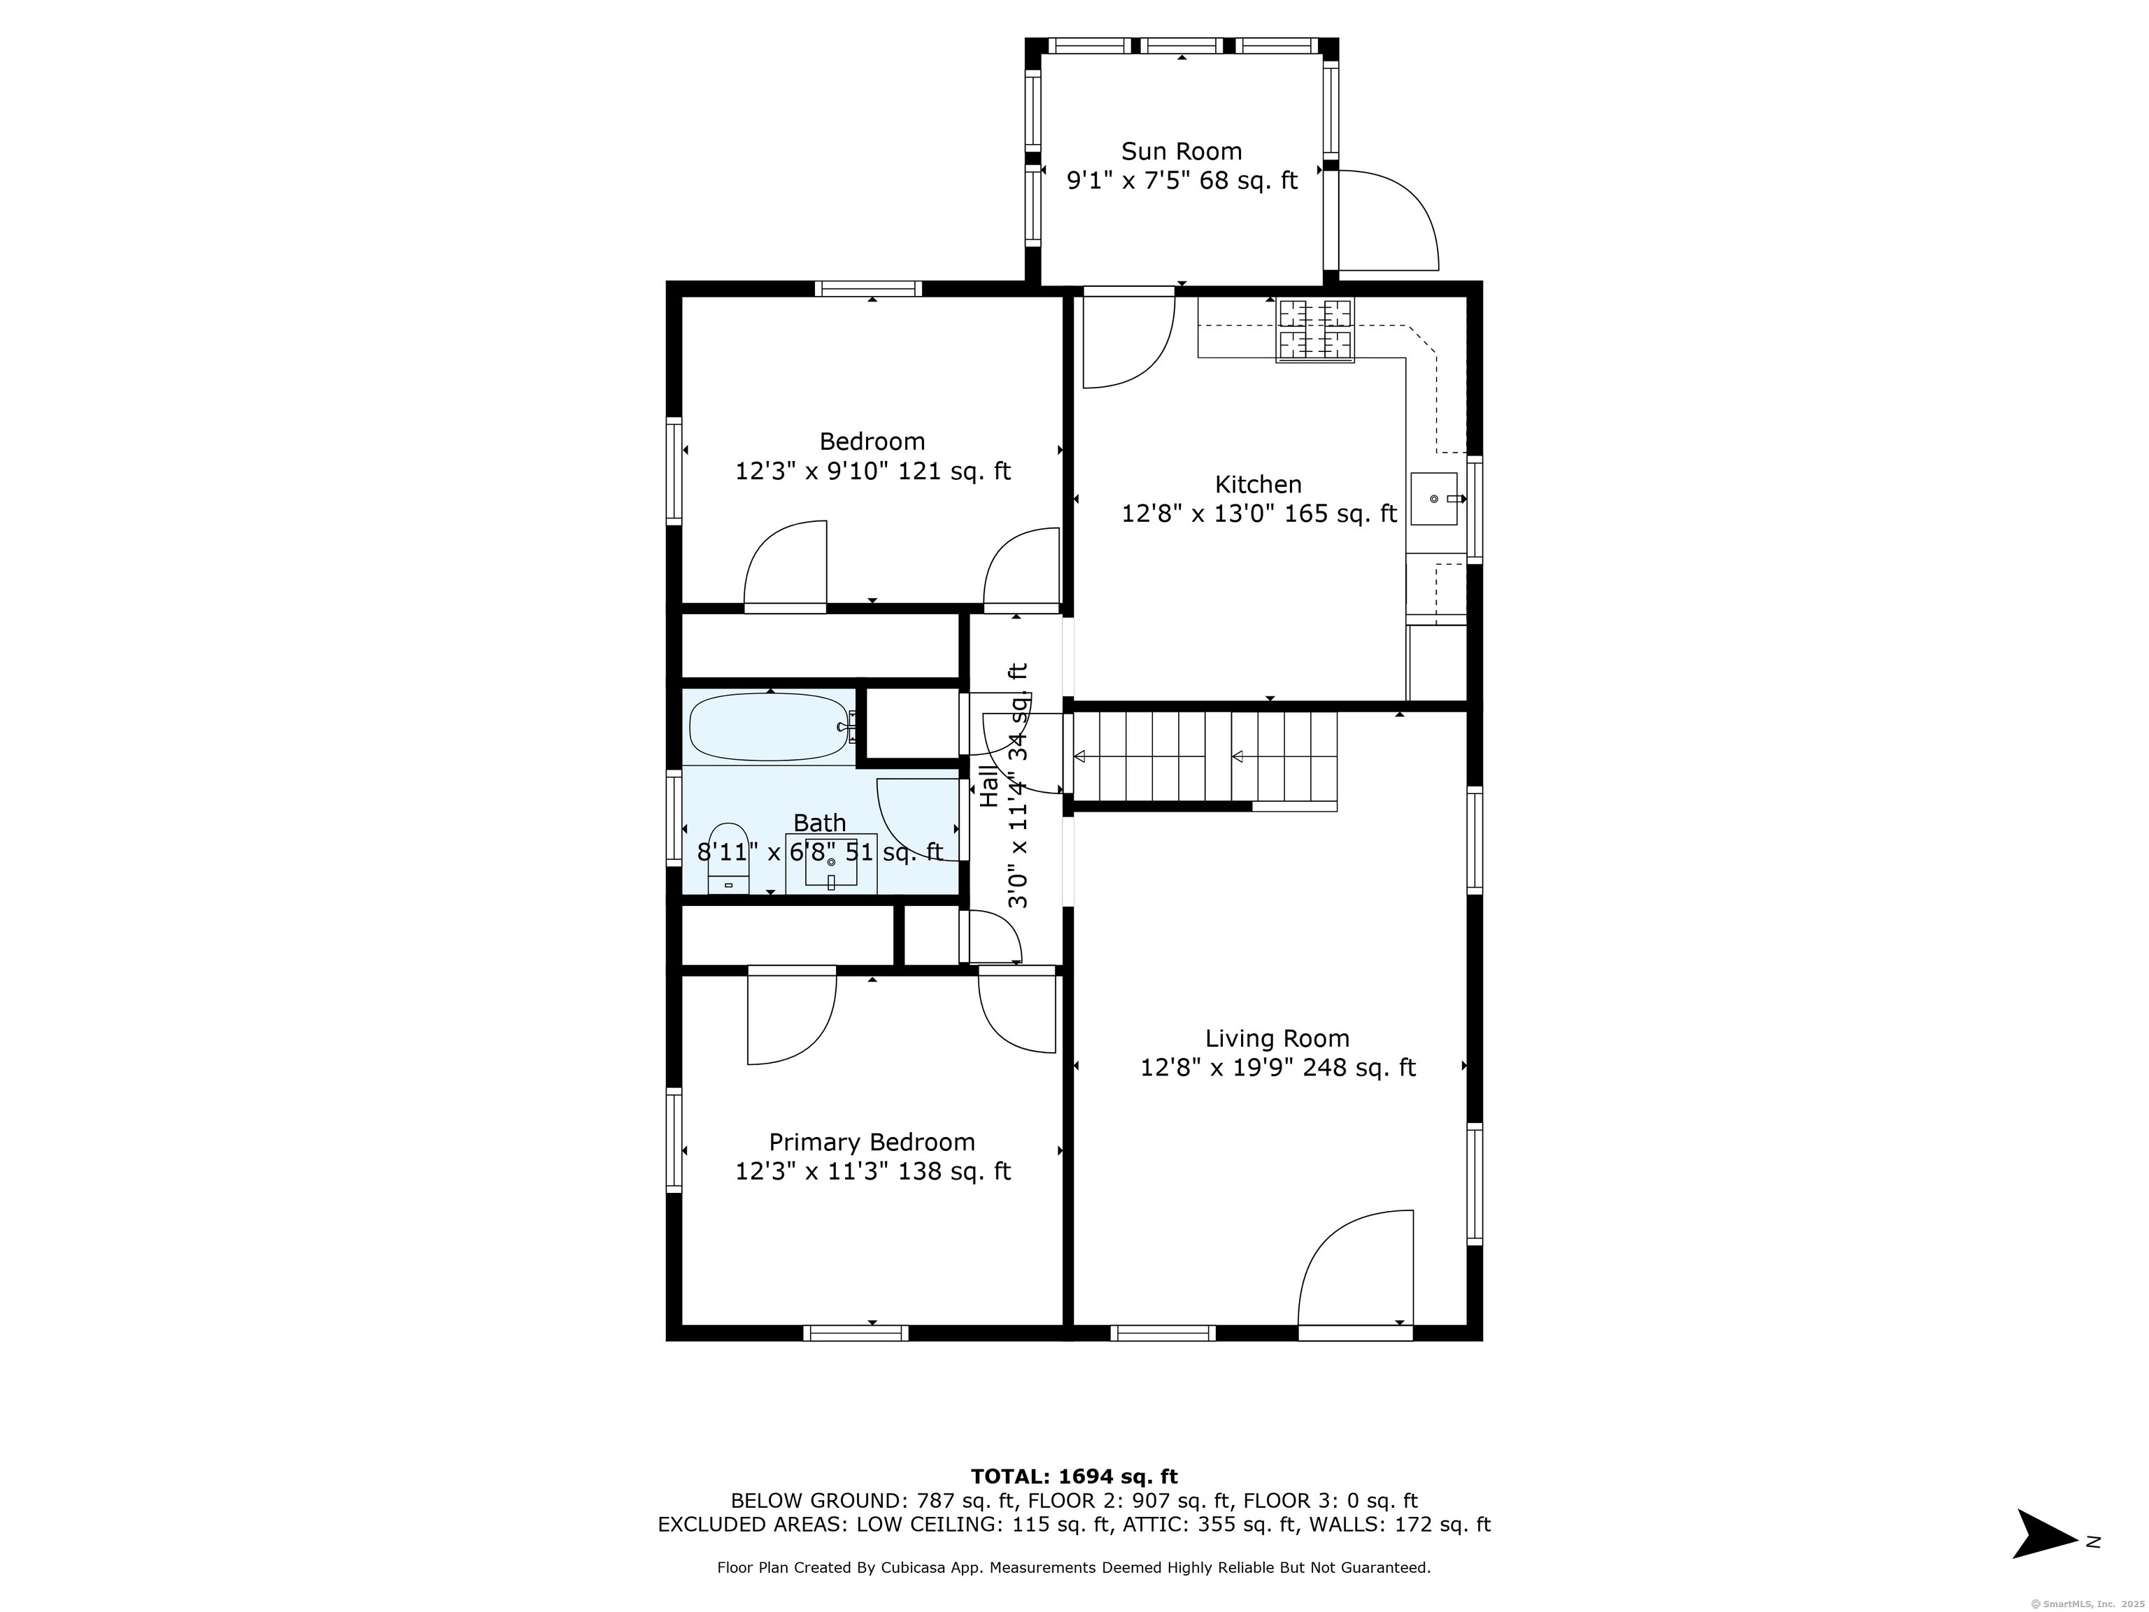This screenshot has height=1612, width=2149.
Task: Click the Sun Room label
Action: (x=1182, y=152)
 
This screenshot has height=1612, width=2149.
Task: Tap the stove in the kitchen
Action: (x=1314, y=330)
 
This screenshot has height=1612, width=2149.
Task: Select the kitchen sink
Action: (x=1435, y=498)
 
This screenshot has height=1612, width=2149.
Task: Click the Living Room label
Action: (x=1277, y=1039)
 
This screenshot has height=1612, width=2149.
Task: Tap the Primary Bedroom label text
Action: (x=872, y=1142)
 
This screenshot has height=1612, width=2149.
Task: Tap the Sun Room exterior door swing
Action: (x=1387, y=220)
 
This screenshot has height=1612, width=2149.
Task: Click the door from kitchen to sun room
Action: (x=1129, y=337)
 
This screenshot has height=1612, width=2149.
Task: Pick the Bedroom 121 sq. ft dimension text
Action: (x=872, y=472)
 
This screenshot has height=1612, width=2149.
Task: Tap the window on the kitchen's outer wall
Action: (x=1475, y=509)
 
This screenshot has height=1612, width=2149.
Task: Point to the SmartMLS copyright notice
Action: (x=2088, y=1604)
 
